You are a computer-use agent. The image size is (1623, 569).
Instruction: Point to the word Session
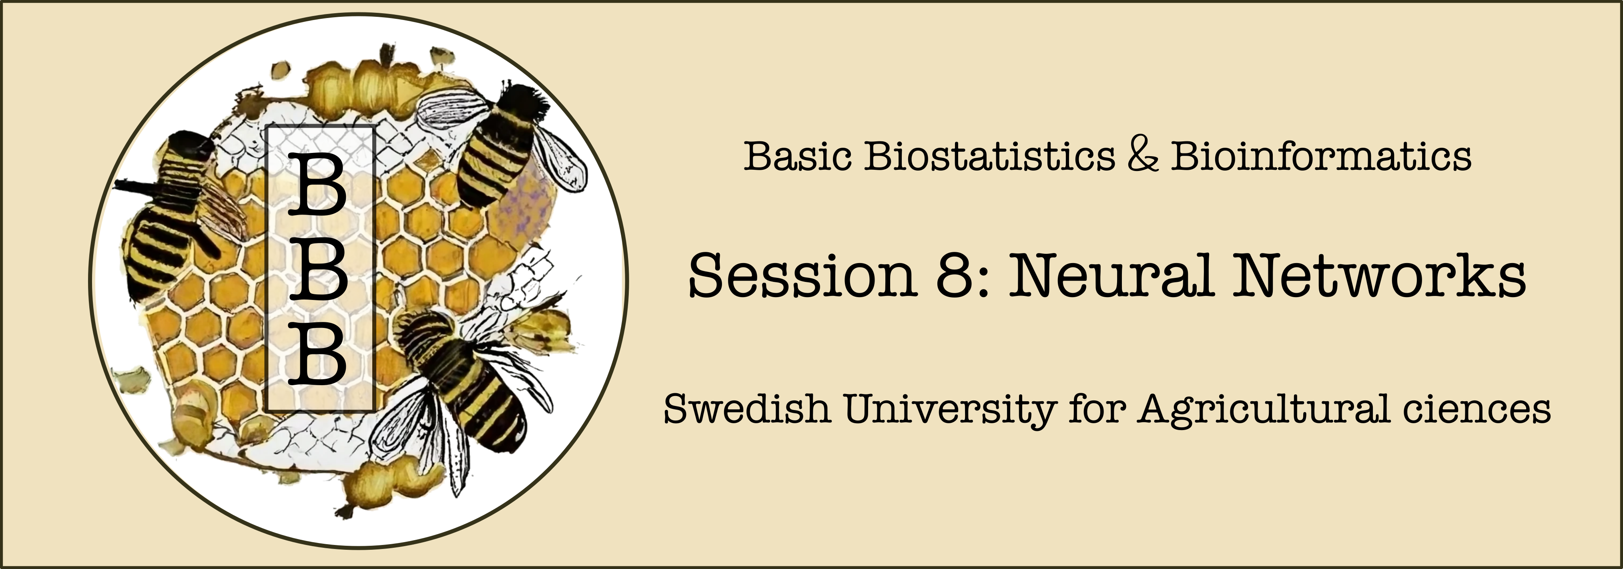click(802, 275)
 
